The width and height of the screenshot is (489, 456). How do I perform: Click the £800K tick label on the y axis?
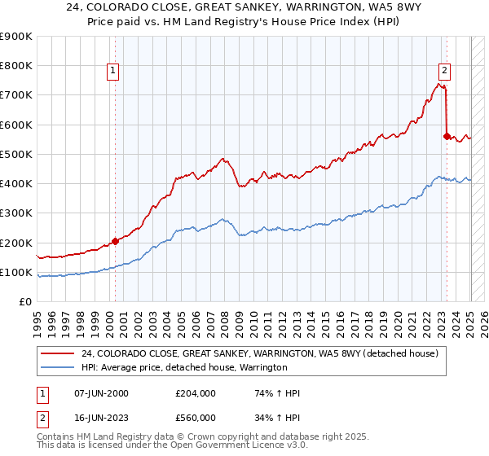pyautogui.click(x=16, y=66)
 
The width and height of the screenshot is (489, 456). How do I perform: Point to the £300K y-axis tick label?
pyautogui.click(x=16, y=213)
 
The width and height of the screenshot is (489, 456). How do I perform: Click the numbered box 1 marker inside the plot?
pyautogui.click(x=113, y=72)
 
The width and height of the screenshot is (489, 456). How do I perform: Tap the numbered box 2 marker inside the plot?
pyautogui.click(x=445, y=72)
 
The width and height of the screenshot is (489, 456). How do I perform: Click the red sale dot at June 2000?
pyautogui.click(x=115, y=241)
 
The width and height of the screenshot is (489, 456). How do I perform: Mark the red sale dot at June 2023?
pyautogui.click(x=447, y=136)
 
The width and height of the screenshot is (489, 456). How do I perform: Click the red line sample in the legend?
pyautogui.click(x=57, y=353)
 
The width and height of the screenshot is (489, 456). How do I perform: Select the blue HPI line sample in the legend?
pyautogui.click(x=57, y=368)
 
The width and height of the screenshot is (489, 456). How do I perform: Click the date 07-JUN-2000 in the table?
pyautogui.click(x=101, y=393)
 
